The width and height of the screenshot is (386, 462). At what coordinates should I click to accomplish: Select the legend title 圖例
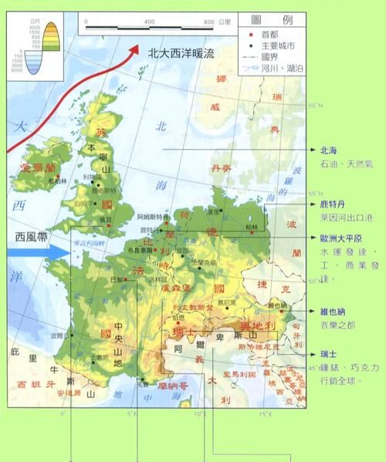coord(273,19)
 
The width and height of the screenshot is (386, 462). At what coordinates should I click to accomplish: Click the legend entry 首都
coord(269,35)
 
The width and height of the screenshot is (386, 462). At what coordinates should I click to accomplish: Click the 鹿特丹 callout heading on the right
coord(334,204)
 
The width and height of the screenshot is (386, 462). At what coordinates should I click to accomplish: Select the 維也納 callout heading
coord(334,312)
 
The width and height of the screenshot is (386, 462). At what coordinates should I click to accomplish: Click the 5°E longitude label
coord(131,415)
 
